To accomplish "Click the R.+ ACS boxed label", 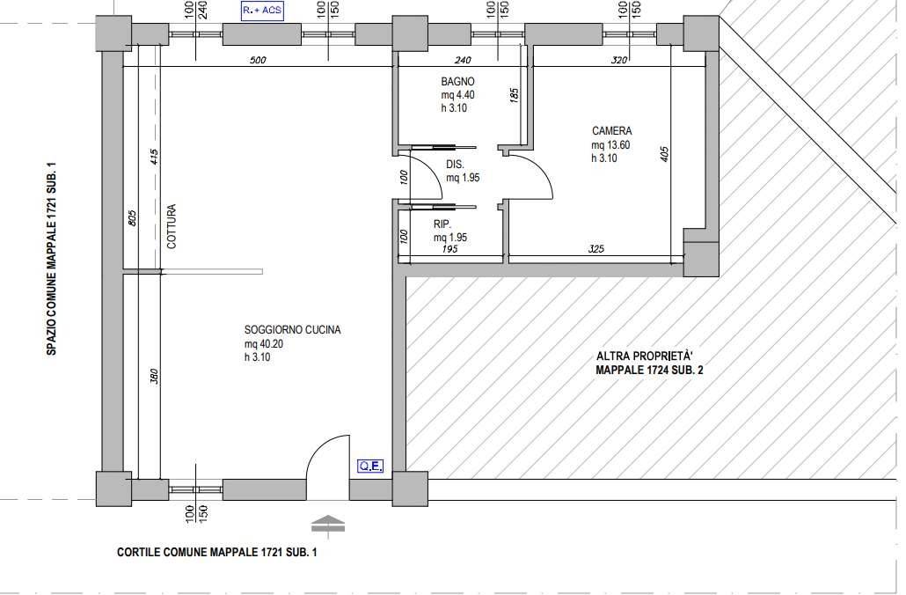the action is point(262,11).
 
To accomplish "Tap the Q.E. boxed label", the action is point(370,466).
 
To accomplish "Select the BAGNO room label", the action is point(457,82).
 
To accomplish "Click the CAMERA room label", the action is point(612,131).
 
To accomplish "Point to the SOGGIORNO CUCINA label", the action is point(292,330).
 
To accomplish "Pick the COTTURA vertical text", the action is point(171,226).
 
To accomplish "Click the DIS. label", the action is point(456,165).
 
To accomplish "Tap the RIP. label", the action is point(442,224).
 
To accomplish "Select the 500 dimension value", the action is point(258,60).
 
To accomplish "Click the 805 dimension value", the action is point(132,218).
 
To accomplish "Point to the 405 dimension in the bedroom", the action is point(664,154).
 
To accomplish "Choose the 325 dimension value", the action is point(595,248).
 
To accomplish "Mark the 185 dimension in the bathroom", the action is point(515,95).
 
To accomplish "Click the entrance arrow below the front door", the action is point(327,523).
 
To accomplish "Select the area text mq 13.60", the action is point(610,145).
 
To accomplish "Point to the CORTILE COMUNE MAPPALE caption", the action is point(216,552).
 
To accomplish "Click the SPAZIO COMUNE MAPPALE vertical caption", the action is point(51,259).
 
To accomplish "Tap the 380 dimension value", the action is point(154,377).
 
